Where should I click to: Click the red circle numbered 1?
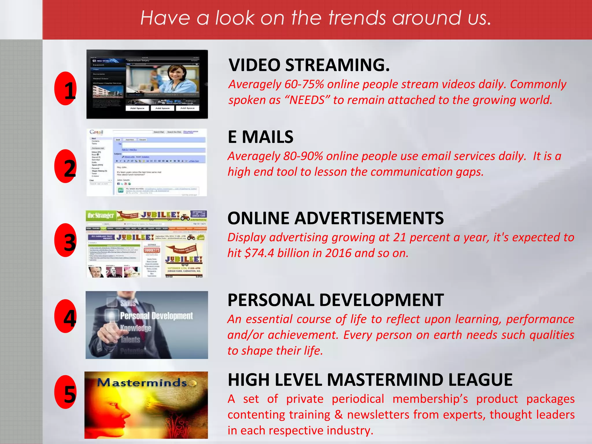click(66, 88)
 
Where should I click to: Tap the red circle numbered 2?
click(66, 166)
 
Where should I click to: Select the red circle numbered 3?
click(66, 240)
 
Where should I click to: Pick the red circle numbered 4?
click(66, 316)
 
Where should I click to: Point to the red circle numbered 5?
click(66, 392)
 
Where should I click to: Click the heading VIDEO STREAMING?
click(309, 65)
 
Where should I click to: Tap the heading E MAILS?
click(260, 137)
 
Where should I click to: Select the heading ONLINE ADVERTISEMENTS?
click(335, 218)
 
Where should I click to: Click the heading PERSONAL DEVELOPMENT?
click(335, 300)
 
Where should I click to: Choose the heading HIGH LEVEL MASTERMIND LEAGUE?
click(370, 380)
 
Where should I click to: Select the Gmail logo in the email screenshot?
click(96, 132)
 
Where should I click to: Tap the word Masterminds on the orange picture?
click(142, 383)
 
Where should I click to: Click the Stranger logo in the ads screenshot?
click(101, 216)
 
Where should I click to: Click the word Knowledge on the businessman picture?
click(136, 328)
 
